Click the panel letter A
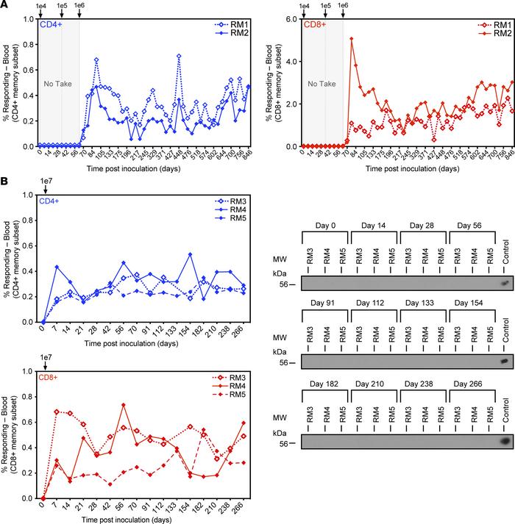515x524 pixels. point(6,7)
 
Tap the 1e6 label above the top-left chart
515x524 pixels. point(79,7)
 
